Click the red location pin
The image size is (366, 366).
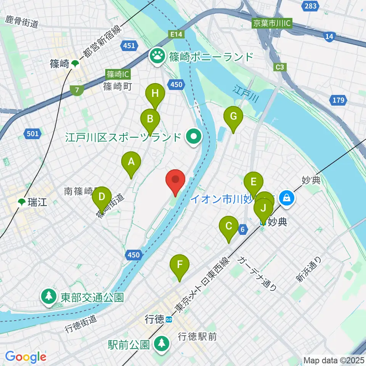[175, 180]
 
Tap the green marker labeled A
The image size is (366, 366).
[131, 162]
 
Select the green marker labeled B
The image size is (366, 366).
[150, 119]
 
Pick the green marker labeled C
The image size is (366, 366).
[229, 227]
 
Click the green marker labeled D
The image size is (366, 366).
[101, 197]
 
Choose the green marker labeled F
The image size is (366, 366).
[180, 265]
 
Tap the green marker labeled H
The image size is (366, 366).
[155, 94]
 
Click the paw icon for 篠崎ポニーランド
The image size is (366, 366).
[156, 57]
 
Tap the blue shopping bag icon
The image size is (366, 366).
[286, 197]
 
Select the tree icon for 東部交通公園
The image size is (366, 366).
[49, 297]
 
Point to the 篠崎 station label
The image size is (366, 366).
[59, 64]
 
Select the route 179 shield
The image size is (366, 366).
[338, 101]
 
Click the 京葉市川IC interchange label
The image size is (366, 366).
[272, 24]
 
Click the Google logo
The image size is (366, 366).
[26, 357]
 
